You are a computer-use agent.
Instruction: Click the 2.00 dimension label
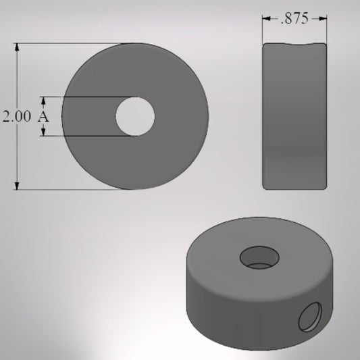point(16,116)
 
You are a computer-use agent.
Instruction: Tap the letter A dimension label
point(44,116)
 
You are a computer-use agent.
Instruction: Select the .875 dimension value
point(295,19)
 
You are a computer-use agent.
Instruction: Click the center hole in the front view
point(135,116)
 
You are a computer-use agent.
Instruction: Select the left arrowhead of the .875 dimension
point(266,20)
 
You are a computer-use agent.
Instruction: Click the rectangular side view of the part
point(295,116)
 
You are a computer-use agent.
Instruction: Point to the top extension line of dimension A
point(88,97)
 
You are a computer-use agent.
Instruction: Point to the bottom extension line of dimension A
point(88,136)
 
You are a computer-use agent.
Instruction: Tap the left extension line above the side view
point(262,27)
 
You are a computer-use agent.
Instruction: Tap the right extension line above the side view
point(328,27)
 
